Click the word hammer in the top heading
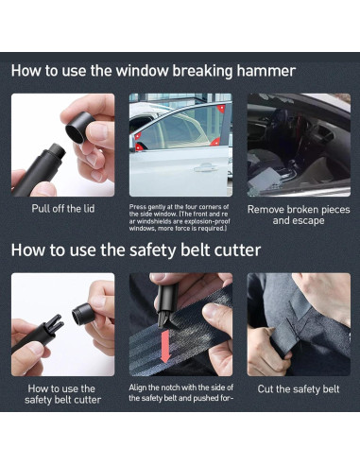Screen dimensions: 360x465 [266, 71]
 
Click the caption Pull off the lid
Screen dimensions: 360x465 [63, 209]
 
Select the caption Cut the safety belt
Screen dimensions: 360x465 [299, 389]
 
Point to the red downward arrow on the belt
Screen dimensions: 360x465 [164, 346]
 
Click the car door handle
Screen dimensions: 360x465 [206, 167]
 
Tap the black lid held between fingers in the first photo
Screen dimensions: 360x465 [77, 127]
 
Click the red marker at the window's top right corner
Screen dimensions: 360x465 [221, 109]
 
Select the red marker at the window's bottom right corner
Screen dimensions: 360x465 [215, 142]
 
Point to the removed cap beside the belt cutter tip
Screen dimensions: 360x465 [84, 313]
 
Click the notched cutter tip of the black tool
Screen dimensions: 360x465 [56, 323]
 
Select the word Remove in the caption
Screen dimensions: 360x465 [265, 210]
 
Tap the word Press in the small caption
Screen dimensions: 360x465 [137, 207]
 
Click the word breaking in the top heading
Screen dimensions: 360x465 [203, 71]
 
